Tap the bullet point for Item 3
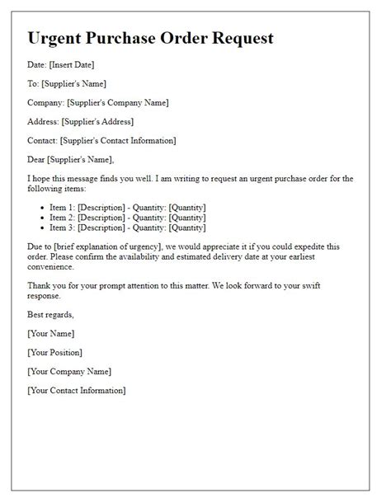point(41,228)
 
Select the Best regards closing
point(50,314)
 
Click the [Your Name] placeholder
point(51,333)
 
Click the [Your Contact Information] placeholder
point(77,390)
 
